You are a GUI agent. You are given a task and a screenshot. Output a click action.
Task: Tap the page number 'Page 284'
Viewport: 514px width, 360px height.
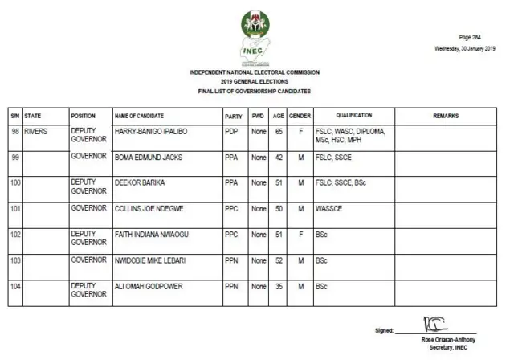(471, 38)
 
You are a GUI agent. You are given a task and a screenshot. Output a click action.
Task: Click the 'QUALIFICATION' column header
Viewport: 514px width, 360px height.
(353, 116)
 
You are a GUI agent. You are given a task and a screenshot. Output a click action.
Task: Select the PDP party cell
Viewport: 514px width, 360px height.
(231, 131)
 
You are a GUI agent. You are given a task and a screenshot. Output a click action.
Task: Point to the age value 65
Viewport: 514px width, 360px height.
(278, 131)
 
